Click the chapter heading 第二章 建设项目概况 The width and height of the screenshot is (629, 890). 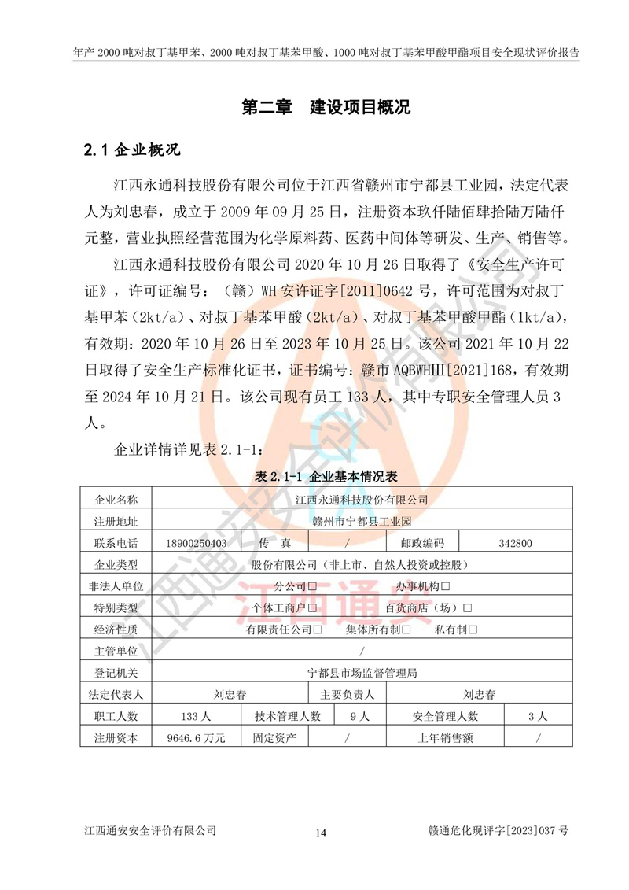[326, 108]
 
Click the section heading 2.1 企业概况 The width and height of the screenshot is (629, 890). [131, 150]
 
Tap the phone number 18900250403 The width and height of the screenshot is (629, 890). [197, 543]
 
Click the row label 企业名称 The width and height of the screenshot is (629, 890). [116, 500]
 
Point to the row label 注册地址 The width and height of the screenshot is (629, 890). [116, 521]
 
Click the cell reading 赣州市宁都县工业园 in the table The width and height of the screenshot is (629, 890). [362, 521]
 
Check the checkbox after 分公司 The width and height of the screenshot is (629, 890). [313, 586]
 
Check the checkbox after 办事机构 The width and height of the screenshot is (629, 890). [446, 586]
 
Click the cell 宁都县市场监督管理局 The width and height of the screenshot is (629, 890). [362, 673]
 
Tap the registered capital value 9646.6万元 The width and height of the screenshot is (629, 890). [197, 738]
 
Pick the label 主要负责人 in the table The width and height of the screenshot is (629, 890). [347, 695]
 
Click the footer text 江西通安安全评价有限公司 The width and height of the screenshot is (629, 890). [149, 830]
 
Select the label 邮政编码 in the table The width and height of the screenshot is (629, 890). [422, 543]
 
